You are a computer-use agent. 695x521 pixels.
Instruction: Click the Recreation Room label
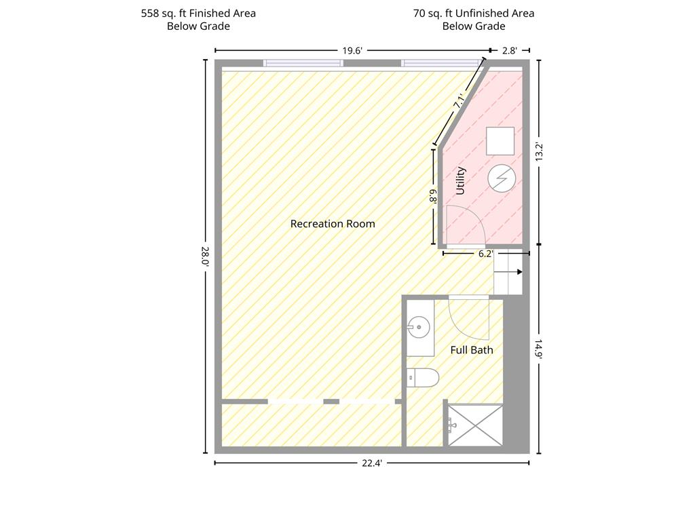[333, 224]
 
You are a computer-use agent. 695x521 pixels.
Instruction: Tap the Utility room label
[461, 180]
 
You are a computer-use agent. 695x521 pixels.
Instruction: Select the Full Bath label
[472, 350]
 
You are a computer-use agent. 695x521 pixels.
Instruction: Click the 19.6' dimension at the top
[352, 50]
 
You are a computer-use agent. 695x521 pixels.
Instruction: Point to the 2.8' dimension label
[510, 50]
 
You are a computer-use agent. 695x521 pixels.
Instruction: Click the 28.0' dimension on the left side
[205, 256]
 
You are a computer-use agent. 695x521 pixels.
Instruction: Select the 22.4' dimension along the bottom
[372, 463]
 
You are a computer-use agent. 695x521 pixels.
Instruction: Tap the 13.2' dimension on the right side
[539, 152]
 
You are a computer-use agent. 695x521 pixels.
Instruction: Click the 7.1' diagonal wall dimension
[459, 101]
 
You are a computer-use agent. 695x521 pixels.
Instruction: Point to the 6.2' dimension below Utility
[485, 254]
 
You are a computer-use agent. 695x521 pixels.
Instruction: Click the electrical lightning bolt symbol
[502, 178]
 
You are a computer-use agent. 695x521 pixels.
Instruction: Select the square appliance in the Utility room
[500, 141]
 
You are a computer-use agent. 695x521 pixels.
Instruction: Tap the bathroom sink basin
[419, 328]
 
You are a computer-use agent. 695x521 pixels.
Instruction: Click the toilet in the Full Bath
[423, 378]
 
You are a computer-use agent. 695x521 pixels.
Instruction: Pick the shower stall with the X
[475, 425]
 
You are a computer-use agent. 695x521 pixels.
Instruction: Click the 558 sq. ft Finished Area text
[198, 14]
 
